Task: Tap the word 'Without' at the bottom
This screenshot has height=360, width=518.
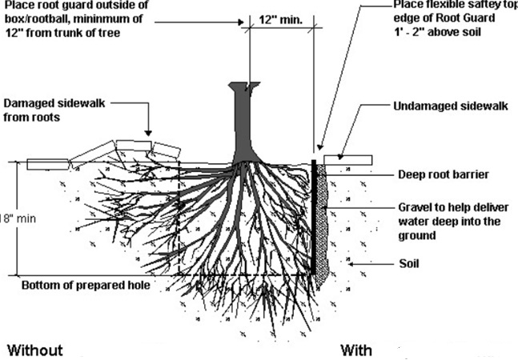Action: click(x=34, y=350)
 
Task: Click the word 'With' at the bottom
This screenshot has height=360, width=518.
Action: click(x=356, y=350)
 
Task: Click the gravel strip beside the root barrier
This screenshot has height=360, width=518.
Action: click(x=323, y=232)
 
